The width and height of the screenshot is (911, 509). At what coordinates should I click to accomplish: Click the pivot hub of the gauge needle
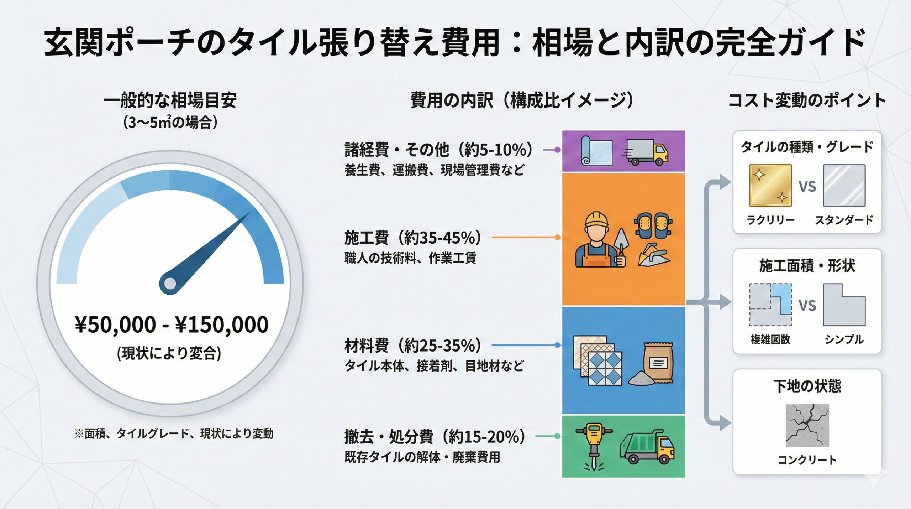[170, 284]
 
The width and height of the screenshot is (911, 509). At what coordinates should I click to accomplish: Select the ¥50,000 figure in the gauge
[116, 324]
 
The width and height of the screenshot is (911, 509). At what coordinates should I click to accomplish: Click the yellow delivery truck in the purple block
[647, 152]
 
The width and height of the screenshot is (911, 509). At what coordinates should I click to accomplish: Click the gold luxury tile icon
[770, 185]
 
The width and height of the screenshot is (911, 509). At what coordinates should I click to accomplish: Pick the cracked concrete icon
[807, 425]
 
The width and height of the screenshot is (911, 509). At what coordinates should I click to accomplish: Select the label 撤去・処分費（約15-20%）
[435, 437]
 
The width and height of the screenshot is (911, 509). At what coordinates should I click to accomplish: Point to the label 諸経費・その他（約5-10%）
[438, 150]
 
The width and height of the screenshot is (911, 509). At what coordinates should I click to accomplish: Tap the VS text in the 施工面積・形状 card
[807, 306]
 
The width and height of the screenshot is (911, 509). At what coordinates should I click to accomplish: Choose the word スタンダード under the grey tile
[844, 220]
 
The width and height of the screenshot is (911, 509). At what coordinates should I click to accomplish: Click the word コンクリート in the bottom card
[807, 460]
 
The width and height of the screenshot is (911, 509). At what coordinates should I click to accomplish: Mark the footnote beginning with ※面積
[174, 434]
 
